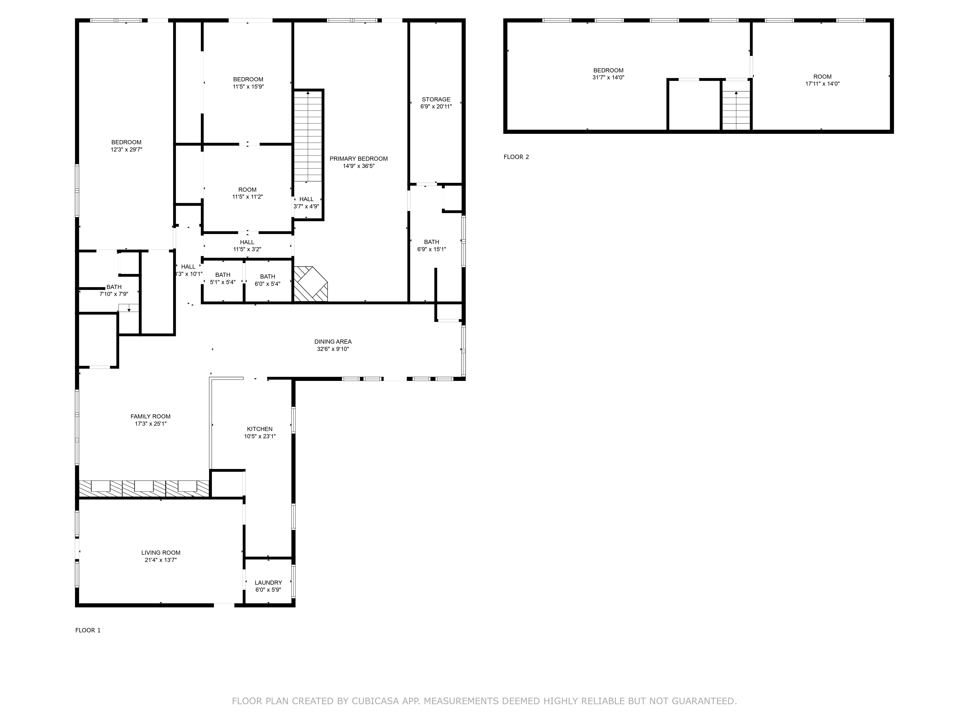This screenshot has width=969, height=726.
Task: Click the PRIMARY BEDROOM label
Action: (x=358, y=159)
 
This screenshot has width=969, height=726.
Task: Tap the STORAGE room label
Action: (x=436, y=99)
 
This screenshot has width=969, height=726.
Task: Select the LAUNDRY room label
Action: (x=268, y=582)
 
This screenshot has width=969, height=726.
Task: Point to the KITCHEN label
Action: (x=260, y=429)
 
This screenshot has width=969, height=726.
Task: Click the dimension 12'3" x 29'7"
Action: (x=126, y=150)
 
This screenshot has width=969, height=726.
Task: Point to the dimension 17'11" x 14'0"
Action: (x=822, y=83)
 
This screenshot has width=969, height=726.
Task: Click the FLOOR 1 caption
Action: (x=88, y=630)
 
